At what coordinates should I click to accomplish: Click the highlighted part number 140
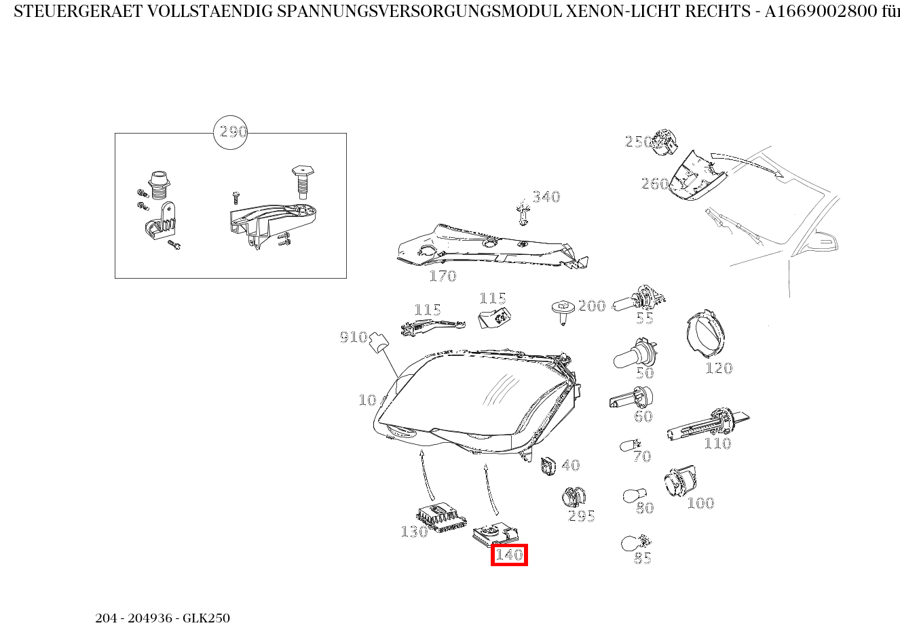point(509,555)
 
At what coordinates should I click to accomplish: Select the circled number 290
point(231,132)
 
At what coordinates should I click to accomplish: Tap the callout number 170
point(443,276)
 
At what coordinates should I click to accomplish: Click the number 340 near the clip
point(546,197)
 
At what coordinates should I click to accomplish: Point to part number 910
point(353,337)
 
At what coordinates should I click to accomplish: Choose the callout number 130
point(414,532)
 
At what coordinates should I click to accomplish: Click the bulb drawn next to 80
point(634,496)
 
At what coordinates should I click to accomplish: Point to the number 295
point(581,516)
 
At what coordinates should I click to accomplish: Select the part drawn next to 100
point(679,483)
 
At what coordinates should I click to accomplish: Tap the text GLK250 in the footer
point(206,618)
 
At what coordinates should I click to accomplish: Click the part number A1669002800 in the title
point(821,12)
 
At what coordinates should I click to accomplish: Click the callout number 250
point(637,141)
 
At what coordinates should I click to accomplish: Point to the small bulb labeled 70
point(629,445)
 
